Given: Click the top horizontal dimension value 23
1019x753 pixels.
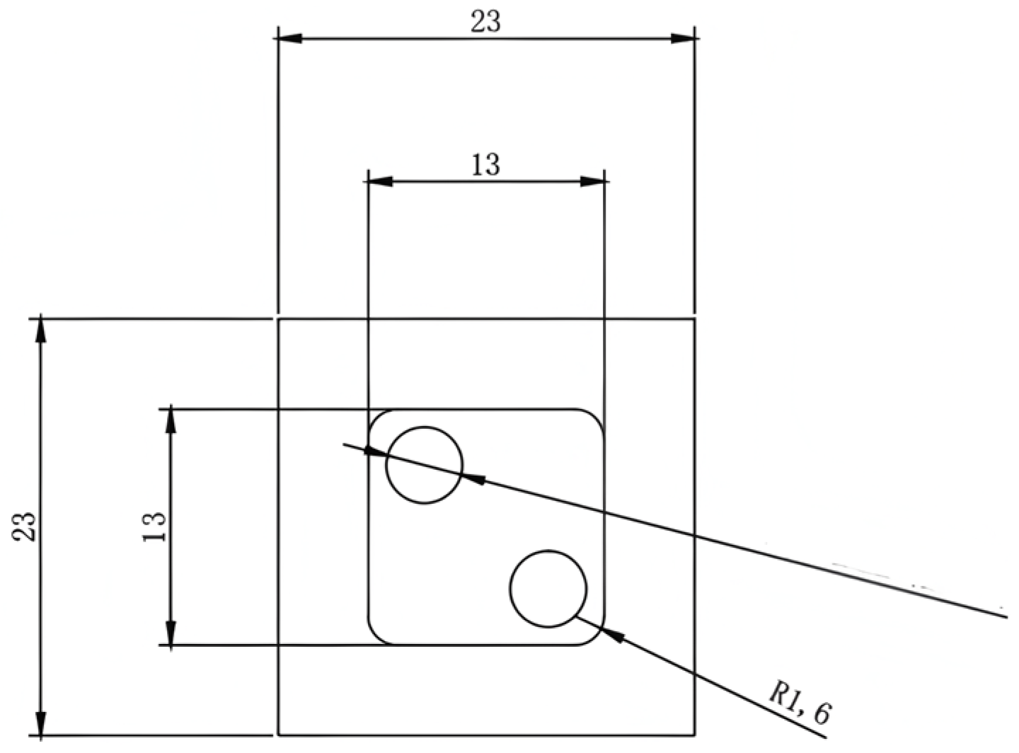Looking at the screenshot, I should click(x=485, y=21).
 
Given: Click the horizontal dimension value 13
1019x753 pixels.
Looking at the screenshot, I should click(x=485, y=165).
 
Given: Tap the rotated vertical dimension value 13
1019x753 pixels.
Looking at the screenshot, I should click(x=154, y=527).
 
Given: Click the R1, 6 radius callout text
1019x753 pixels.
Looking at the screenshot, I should click(x=800, y=705).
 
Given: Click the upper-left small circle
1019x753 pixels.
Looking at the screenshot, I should click(x=424, y=465).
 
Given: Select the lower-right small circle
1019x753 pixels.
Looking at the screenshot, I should click(x=548, y=589).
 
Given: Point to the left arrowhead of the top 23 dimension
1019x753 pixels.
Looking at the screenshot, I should click(x=290, y=38).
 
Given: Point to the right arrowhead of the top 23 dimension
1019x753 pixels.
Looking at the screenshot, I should click(x=682, y=38).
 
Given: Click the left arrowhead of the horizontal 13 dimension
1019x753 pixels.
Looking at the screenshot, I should click(x=380, y=181).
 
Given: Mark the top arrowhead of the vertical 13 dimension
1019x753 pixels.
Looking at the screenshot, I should click(x=171, y=421).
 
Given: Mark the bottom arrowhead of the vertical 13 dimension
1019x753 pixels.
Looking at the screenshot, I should click(x=171, y=633).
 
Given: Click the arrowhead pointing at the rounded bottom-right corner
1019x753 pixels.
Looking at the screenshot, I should click(x=614, y=636).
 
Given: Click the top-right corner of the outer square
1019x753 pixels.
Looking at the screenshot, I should click(x=693, y=320).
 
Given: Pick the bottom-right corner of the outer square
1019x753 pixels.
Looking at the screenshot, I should click(x=693, y=735).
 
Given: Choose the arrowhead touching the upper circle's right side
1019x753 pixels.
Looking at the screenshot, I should click(x=473, y=479).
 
